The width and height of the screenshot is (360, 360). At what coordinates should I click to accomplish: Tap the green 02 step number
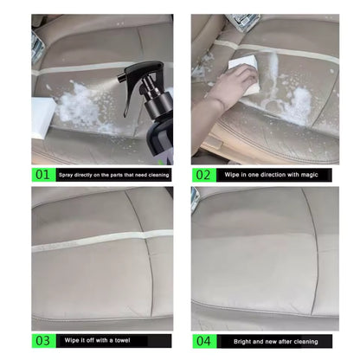202,174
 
